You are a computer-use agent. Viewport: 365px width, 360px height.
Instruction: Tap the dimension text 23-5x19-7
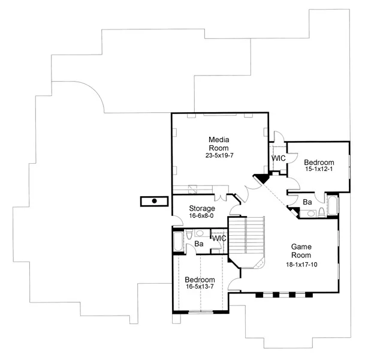click(x=219, y=155)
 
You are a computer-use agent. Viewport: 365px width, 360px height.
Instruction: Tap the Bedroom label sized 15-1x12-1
click(x=319, y=163)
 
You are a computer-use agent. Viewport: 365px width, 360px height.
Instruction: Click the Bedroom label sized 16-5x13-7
click(x=200, y=280)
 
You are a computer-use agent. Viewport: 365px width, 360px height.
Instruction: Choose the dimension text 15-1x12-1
click(x=319, y=170)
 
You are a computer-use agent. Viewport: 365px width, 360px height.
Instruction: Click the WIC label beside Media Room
click(x=279, y=158)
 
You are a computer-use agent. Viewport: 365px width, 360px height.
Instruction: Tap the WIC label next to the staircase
click(x=219, y=239)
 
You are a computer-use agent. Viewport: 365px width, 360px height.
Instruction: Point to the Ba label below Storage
click(x=200, y=244)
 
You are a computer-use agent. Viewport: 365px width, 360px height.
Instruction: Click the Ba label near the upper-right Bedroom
click(x=306, y=202)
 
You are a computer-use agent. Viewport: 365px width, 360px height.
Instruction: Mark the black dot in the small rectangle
click(x=155, y=201)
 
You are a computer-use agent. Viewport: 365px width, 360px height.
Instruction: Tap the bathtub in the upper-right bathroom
click(x=333, y=205)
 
